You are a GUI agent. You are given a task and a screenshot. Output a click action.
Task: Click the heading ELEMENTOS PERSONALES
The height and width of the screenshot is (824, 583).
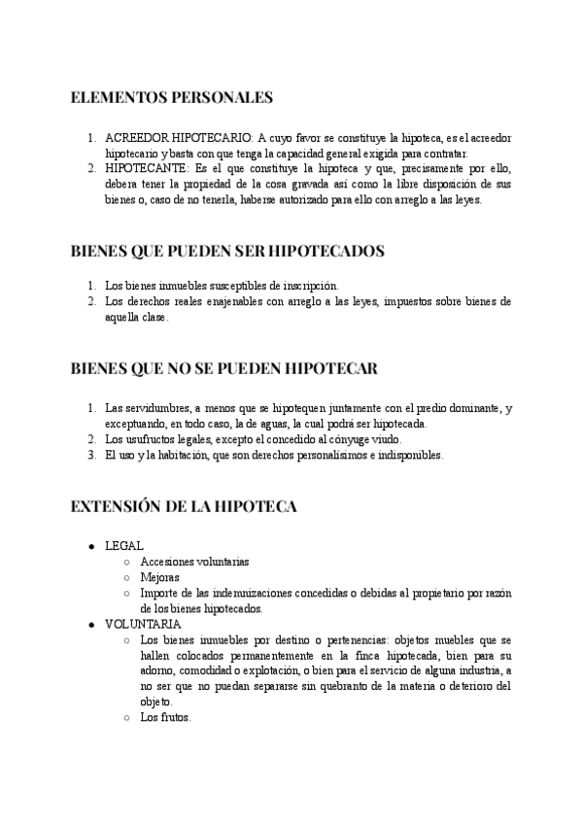pos(172,97)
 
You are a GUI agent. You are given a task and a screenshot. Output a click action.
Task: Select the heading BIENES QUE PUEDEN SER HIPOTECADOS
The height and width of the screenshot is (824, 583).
pos(228,251)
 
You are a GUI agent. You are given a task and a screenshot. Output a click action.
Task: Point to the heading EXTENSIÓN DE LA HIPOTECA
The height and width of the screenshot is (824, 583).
pos(184,507)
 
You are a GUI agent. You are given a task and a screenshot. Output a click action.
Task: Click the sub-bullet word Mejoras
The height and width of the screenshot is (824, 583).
pos(159,577)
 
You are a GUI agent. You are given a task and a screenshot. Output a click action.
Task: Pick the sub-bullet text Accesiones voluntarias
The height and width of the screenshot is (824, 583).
pos(194,562)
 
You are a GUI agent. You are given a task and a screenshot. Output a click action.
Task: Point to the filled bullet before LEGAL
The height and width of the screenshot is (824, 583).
pos(90,546)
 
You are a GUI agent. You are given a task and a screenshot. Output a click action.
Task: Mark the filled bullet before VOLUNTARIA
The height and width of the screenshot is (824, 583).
pos(90,624)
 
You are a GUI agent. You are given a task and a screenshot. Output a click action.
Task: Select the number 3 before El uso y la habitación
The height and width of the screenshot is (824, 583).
pos(90,454)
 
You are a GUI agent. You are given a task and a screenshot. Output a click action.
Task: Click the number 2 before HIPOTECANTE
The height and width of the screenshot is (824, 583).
pos(90,167)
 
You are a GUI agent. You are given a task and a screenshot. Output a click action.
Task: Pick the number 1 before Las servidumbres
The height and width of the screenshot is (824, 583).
pos(90,407)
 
